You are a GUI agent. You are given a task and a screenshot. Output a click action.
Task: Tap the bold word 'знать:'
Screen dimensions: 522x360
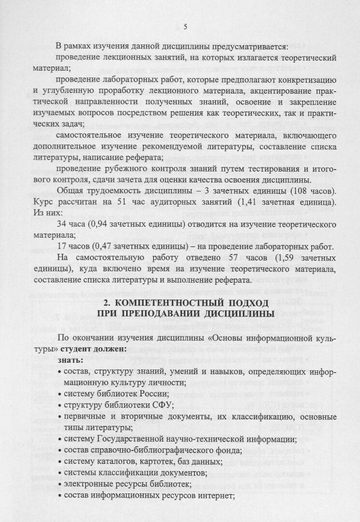[70, 361]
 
